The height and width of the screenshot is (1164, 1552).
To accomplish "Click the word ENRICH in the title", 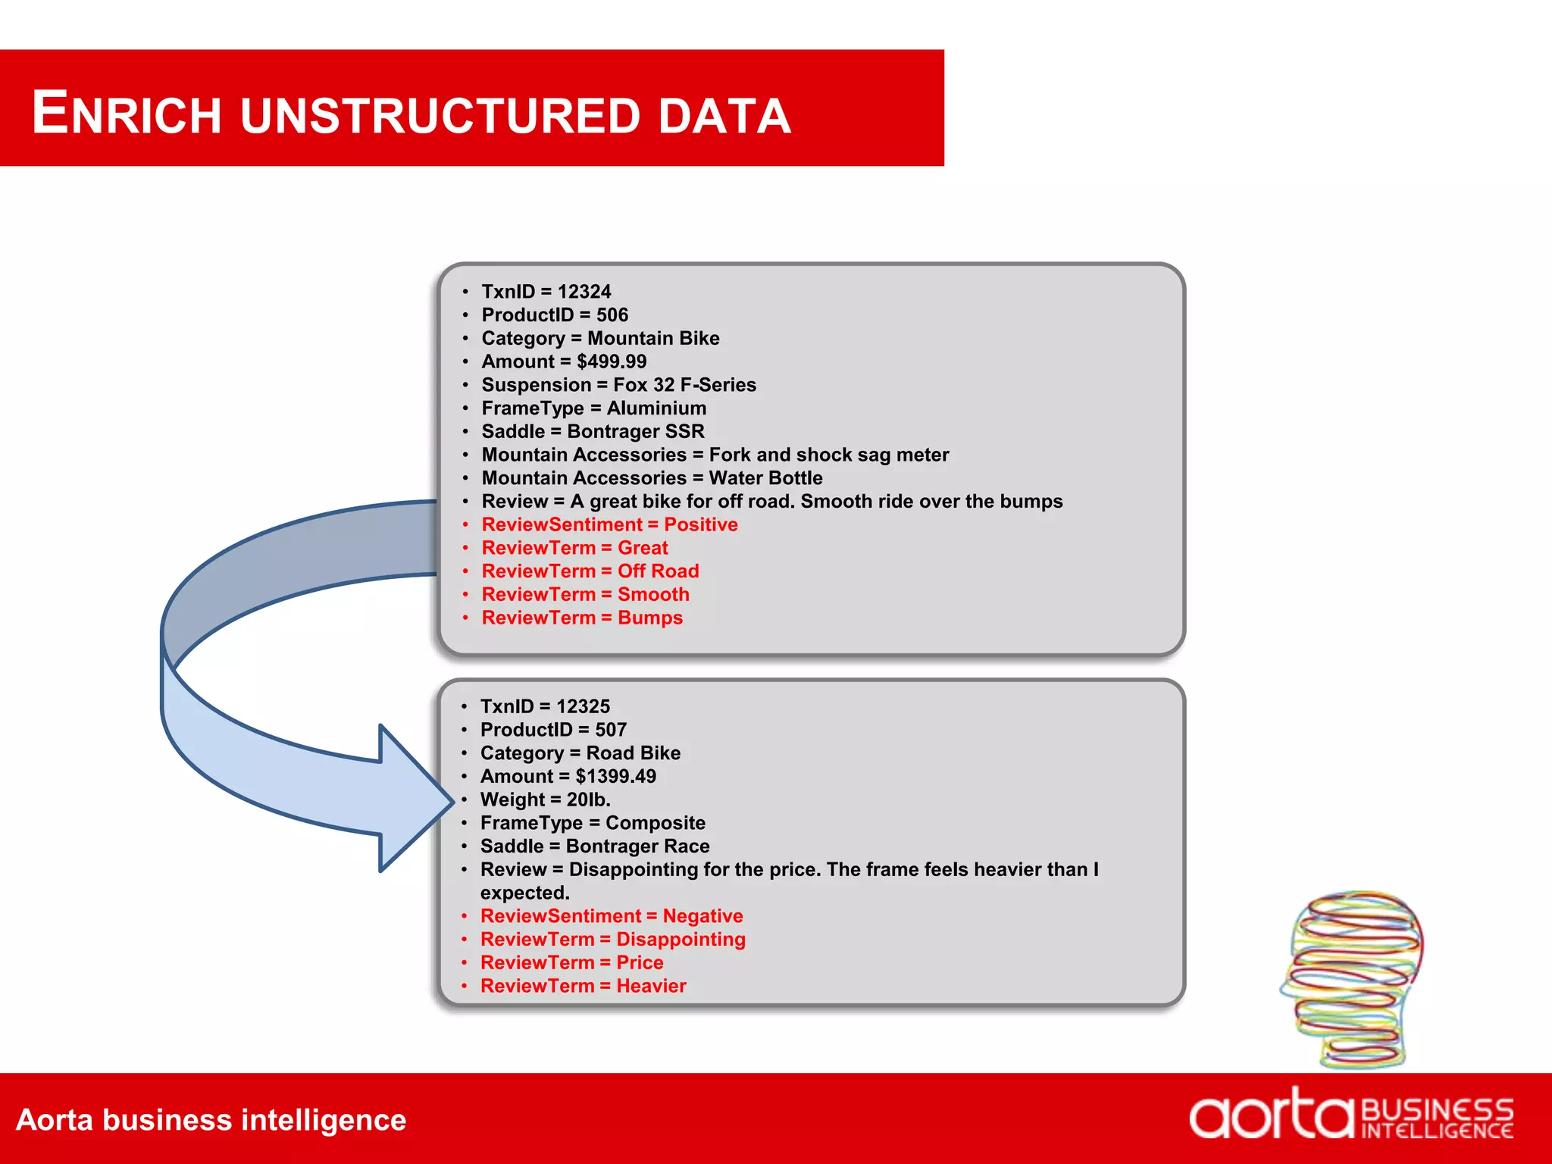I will [127, 114].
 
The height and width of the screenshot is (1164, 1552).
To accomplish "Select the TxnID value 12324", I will [584, 292].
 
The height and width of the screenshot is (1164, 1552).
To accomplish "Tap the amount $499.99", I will [612, 361].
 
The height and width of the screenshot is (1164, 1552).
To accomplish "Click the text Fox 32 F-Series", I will [684, 385].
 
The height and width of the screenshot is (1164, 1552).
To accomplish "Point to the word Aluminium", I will [656, 408].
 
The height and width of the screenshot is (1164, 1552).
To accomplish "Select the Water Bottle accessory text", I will [765, 478].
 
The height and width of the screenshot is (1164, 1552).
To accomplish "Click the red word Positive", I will [701, 524].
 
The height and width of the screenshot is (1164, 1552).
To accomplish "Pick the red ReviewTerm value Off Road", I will [658, 571].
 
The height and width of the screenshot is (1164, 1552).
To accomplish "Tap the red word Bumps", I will [650, 618].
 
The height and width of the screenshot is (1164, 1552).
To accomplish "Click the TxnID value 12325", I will [583, 706].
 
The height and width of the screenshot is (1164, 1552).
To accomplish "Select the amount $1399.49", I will [615, 776].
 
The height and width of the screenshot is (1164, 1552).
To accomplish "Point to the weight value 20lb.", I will [588, 799].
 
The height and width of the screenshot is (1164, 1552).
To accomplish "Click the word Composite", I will [656, 823].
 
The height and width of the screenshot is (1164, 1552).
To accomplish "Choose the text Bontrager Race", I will [637, 846].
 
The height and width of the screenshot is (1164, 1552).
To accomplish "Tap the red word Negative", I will [702, 916].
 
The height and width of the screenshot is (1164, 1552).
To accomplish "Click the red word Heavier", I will [651, 986].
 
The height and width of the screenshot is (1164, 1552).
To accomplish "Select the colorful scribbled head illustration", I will [1353, 978].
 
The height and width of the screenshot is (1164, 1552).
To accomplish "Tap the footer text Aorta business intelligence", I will [211, 1120].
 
